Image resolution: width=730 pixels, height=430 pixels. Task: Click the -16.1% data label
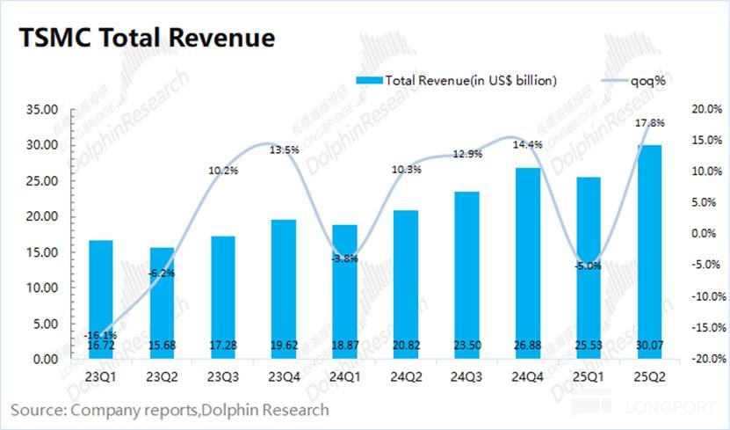pyautogui.click(x=99, y=335)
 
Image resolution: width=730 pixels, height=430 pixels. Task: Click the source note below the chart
pyautogui.click(x=170, y=410)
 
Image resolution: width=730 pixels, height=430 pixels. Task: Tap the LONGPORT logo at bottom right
pyautogui.click(x=650, y=409)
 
